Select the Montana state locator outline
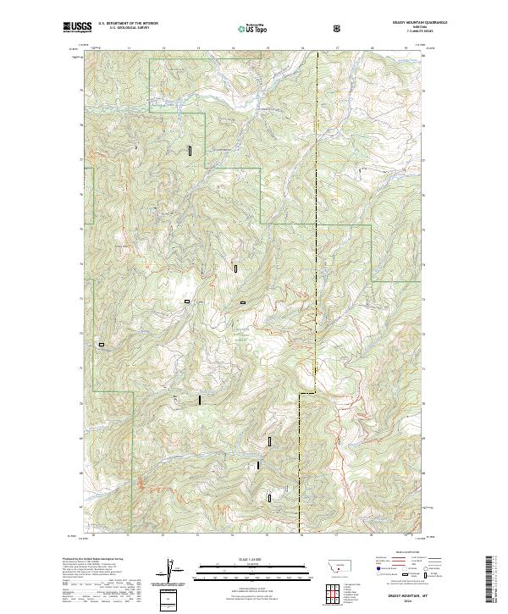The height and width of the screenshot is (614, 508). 335,566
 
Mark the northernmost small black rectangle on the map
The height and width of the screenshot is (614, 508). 190,150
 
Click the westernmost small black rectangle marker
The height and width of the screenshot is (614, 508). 102,345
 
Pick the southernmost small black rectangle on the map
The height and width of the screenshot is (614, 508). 270,498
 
